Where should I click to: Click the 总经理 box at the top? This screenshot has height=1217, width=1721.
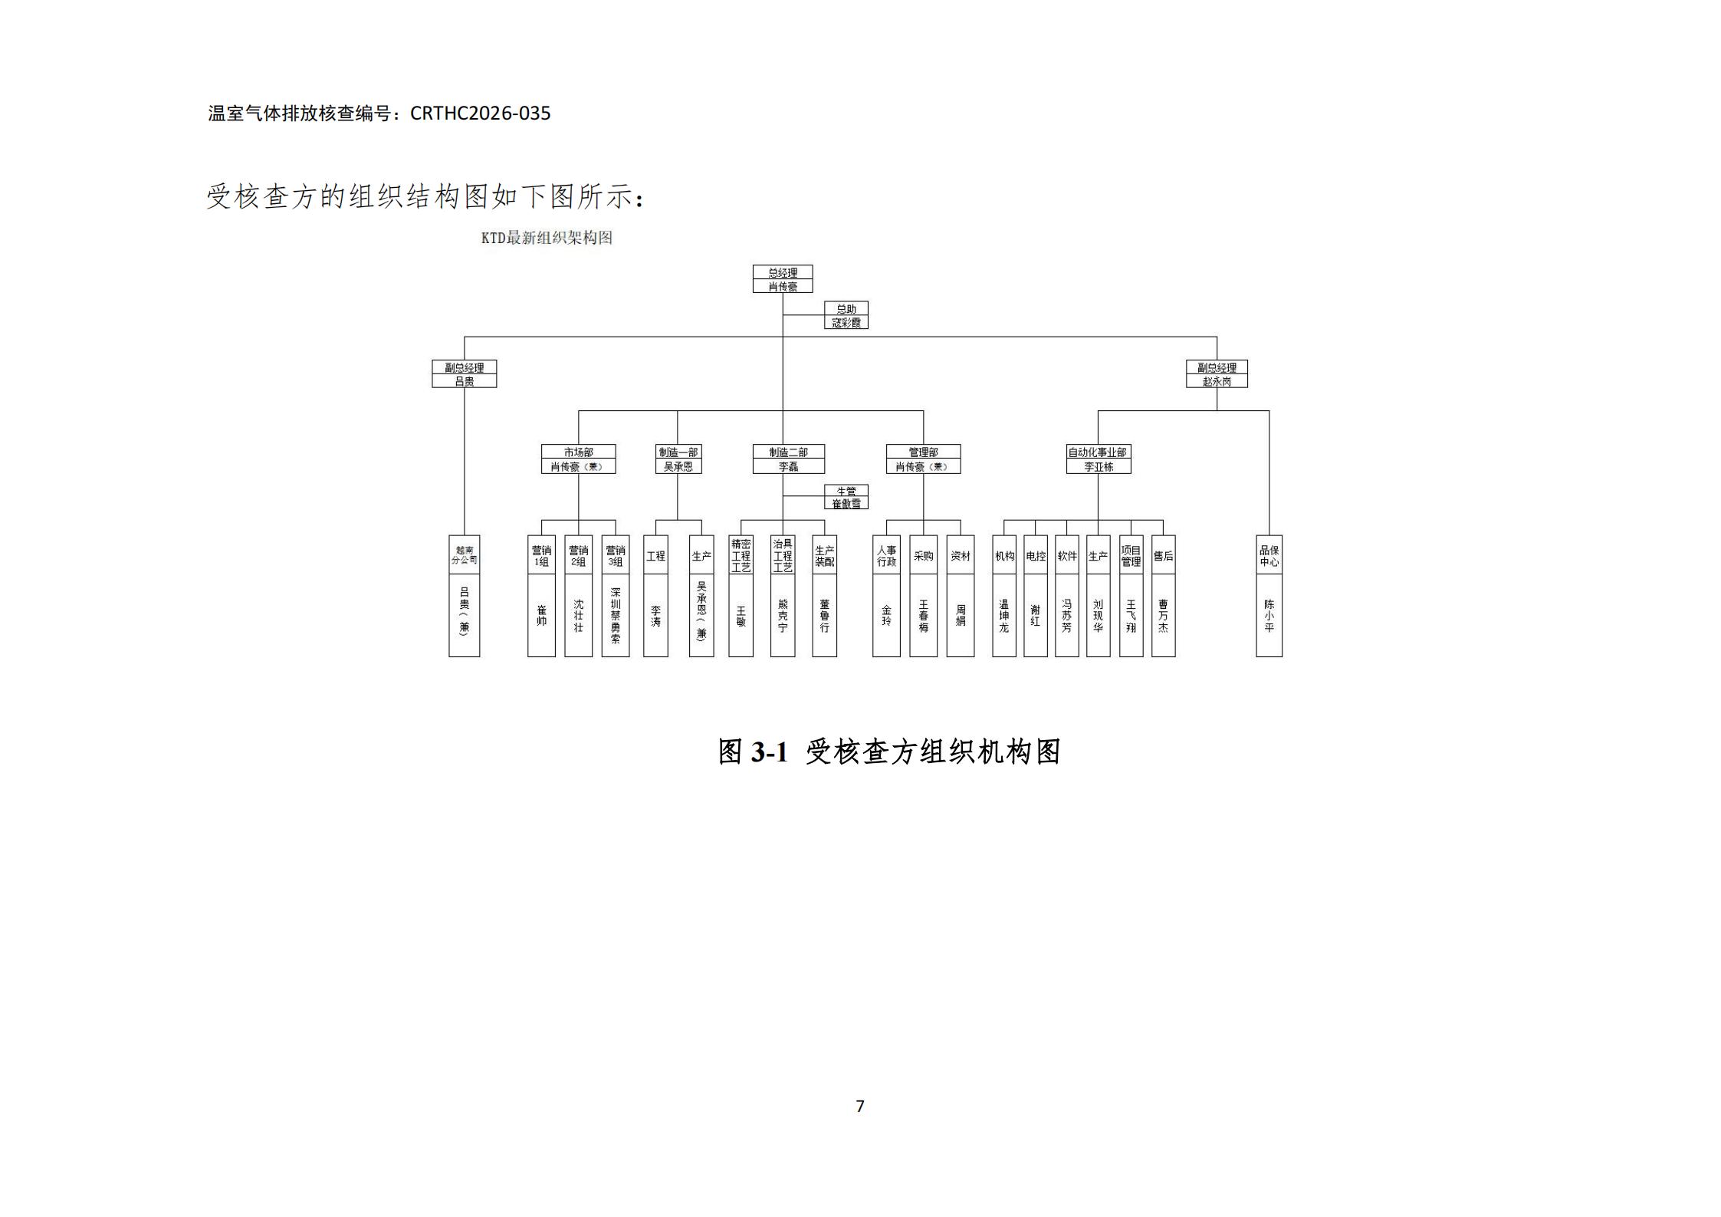[x=782, y=279]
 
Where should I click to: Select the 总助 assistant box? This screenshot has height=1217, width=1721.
[x=846, y=315]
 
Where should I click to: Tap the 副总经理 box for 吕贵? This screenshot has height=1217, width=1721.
[x=464, y=374]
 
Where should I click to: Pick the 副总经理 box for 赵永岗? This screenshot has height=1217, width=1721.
[x=1216, y=374]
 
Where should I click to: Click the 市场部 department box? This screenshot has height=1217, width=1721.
[x=578, y=459]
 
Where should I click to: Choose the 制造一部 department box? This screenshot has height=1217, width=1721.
[x=678, y=459]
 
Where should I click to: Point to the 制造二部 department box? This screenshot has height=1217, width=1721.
[x=788, y=459]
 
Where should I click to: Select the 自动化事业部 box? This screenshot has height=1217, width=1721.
[x=1098, y=459]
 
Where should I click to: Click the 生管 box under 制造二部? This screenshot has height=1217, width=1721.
[x=846, y=497]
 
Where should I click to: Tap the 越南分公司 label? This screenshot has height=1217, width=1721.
[x=464, y=555]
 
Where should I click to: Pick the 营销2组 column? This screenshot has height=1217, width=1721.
[x=578, y=595]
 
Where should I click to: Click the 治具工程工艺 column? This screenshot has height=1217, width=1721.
[x=782, y=595]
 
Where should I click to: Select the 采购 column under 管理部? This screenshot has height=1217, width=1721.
[x=923, y=595]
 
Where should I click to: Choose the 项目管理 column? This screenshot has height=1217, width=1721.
[x=1131, y=595]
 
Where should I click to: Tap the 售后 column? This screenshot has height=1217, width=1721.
[x=1163, y=595]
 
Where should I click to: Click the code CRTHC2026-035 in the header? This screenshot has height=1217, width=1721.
[x=480, y=113]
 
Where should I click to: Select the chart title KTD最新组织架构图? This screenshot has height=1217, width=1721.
[x=547, y=238]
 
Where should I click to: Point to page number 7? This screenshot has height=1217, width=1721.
[x=860, y=1106]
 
